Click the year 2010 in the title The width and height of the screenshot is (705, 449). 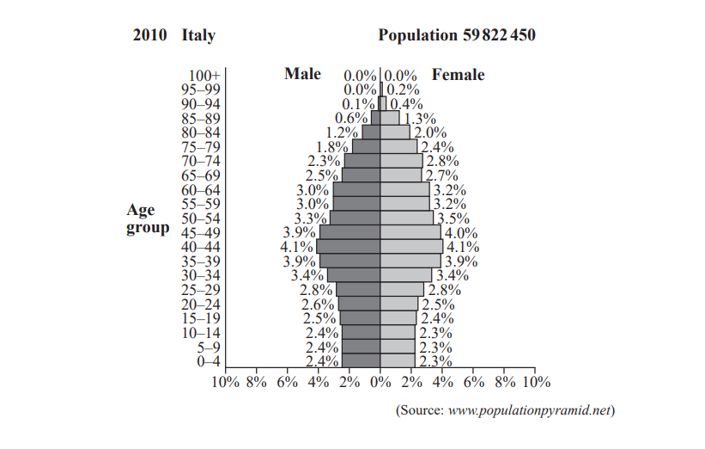click(x=151, y=36)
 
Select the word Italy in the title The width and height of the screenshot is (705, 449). click(x=198, y=36)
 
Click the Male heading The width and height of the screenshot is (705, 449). click(x=302, y=74)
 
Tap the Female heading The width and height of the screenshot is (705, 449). click(x=458, y=75)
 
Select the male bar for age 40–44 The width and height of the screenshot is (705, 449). click(x=348, y=246)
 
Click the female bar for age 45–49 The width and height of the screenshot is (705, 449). click(x=411, y=232)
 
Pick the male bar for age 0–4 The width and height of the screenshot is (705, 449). click(x=361, y=360)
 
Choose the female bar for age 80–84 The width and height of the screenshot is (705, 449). click(x=396, y=132)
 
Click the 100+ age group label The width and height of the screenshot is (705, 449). click(x=204, y=76)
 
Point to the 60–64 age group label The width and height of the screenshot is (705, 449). click(x=203, y=189)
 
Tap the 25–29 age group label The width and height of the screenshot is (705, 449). click(x=203, y=289)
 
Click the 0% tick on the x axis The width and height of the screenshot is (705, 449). click(x=380, y=380)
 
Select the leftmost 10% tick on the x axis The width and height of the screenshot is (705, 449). click(x=225, y=380)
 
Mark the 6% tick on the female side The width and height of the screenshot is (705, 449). click(x=473, y=380)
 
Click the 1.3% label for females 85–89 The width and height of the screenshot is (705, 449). click(x=419, y=119)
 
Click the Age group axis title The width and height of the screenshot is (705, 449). click(x=147, y=218)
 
